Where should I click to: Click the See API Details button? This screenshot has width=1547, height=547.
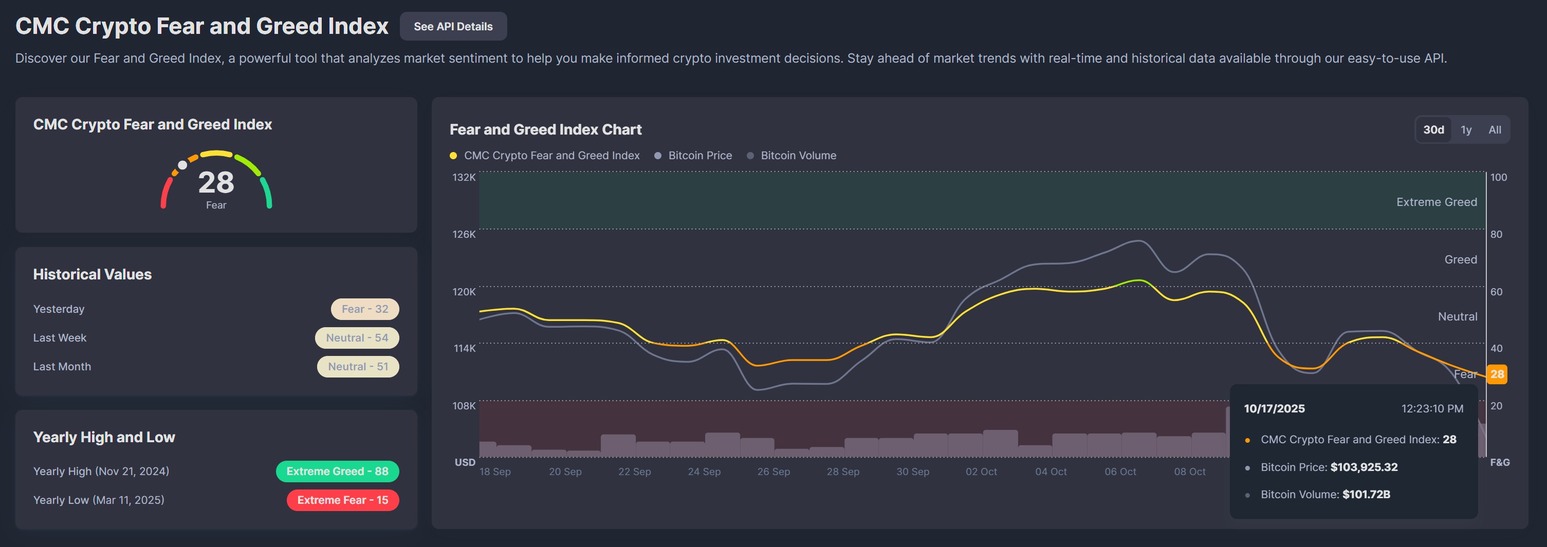453,26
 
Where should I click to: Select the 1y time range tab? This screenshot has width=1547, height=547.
1466,130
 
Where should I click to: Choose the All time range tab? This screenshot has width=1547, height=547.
1495,130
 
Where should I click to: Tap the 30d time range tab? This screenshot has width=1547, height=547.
1433,130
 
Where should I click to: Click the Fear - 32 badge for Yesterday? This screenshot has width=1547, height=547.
364,309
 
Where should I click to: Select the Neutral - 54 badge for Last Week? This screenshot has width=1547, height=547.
357,338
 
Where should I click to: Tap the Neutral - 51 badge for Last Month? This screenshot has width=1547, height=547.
358,367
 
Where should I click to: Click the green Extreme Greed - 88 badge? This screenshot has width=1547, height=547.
337,471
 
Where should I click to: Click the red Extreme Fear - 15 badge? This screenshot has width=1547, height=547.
342,500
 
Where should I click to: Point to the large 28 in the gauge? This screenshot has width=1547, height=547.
216,182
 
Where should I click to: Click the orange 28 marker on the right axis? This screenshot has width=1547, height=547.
1497,374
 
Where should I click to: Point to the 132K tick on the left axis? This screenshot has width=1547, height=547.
464,177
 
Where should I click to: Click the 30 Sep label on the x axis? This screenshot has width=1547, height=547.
912,472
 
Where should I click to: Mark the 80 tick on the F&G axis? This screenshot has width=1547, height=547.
1496,234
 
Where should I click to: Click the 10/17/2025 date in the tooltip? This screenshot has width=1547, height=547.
1274,408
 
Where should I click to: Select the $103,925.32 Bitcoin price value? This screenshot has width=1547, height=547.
1364,467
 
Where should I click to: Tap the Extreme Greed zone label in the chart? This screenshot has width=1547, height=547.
1436,202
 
